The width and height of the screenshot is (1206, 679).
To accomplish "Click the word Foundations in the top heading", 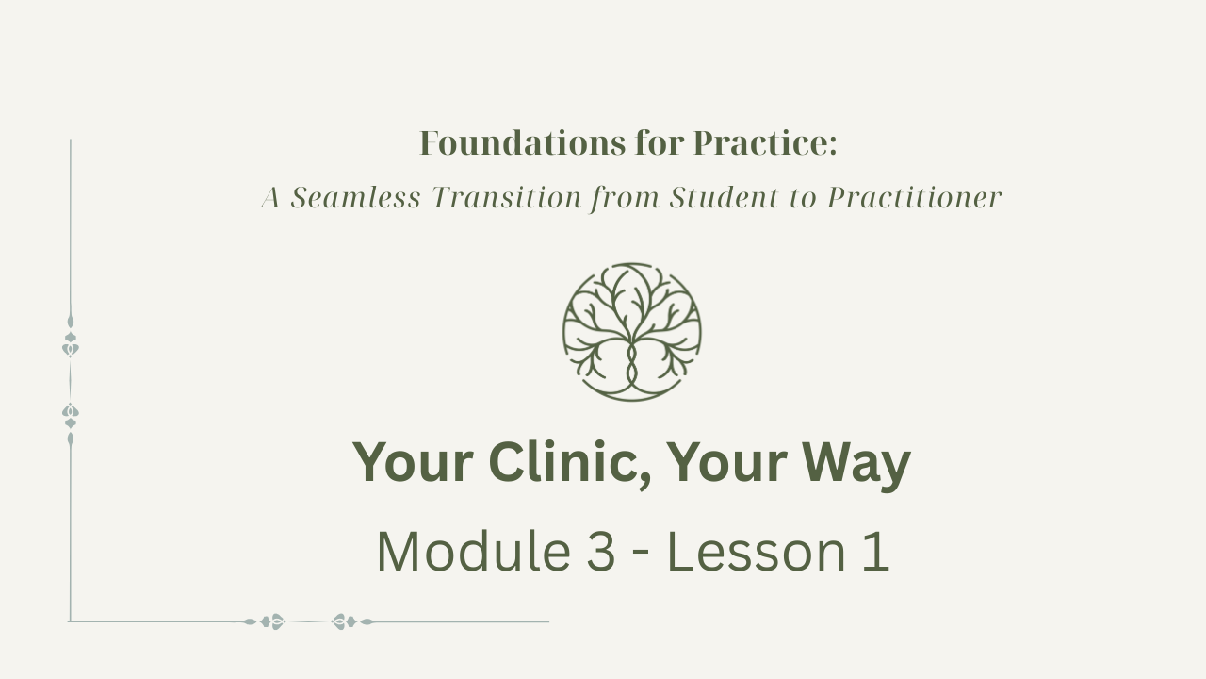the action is point(522,143).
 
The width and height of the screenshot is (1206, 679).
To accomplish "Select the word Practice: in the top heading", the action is point(765,143).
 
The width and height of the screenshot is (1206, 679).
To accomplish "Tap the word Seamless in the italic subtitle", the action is point(355,197).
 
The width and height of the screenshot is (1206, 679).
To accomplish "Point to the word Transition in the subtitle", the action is point(507,197).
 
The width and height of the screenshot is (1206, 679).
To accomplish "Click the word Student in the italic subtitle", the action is point(725,197).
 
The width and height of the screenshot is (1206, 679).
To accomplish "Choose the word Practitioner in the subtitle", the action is point(914,197).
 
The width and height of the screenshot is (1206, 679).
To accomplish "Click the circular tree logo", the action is point(632,332).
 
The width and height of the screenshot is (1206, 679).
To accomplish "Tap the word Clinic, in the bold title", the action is point(570,463).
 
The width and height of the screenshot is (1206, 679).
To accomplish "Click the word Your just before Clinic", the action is point(413,463).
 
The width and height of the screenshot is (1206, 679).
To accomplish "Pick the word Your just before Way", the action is point(726,463).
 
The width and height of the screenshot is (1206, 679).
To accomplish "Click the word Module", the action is point(474,552).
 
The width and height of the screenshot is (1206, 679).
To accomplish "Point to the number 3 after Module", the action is point(600,552).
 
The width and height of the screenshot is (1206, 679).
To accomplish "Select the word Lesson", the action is point(757,552).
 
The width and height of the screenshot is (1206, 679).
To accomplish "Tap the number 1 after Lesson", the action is point(876,552).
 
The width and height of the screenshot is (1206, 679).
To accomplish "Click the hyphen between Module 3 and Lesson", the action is point(642,555).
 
